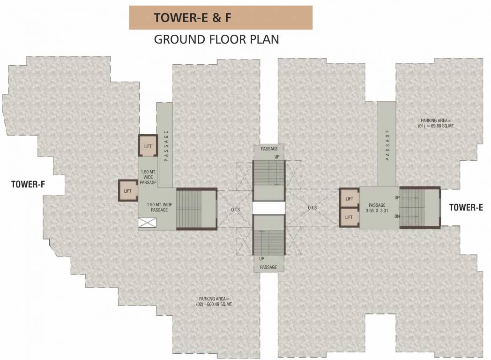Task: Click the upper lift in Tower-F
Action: (x=148, y=146)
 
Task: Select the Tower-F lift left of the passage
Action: (x=127, y=191)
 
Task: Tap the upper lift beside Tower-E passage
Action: (x=349, y=199)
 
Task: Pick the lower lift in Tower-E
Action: (x=349, y=217)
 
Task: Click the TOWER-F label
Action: (x=28, y=184)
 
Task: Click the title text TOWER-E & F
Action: (x=193, y=18)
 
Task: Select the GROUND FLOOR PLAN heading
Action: (x=216, y=39)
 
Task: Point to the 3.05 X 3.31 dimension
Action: (x=377, y=211)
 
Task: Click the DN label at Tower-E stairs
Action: (x=397, y=216)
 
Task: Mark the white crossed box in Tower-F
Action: (x=144, y=224)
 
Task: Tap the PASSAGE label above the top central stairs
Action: (x=269, y=149)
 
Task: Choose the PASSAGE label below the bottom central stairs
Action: (x=269, y=267)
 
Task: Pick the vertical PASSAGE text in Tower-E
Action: (x=387, y=145)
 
